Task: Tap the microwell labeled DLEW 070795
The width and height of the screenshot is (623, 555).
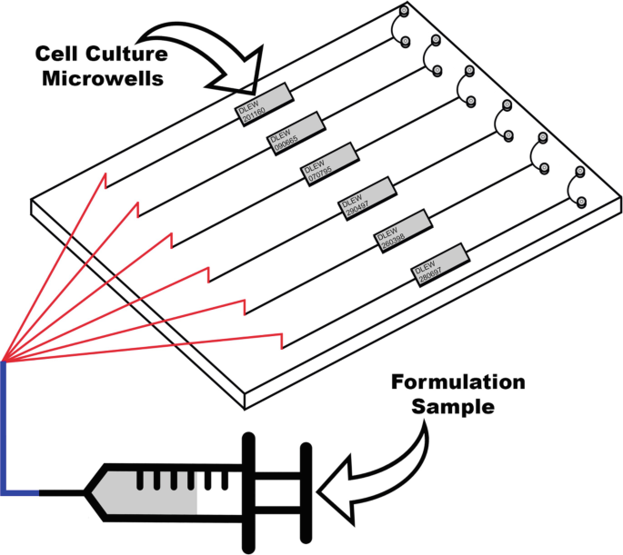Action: pos(332,164)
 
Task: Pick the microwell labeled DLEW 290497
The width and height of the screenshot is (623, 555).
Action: pos(368,195)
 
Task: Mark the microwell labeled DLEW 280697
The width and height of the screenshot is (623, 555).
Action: pos(440,263)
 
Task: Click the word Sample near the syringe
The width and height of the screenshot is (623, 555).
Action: pos(452,406)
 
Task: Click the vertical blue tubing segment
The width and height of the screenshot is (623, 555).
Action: pos(5,427)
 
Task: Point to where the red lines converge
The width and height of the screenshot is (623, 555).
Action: pos(5,359)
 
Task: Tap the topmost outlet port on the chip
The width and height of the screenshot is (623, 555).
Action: pos(403,12)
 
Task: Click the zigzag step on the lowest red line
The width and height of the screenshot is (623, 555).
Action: pos(280,341)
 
